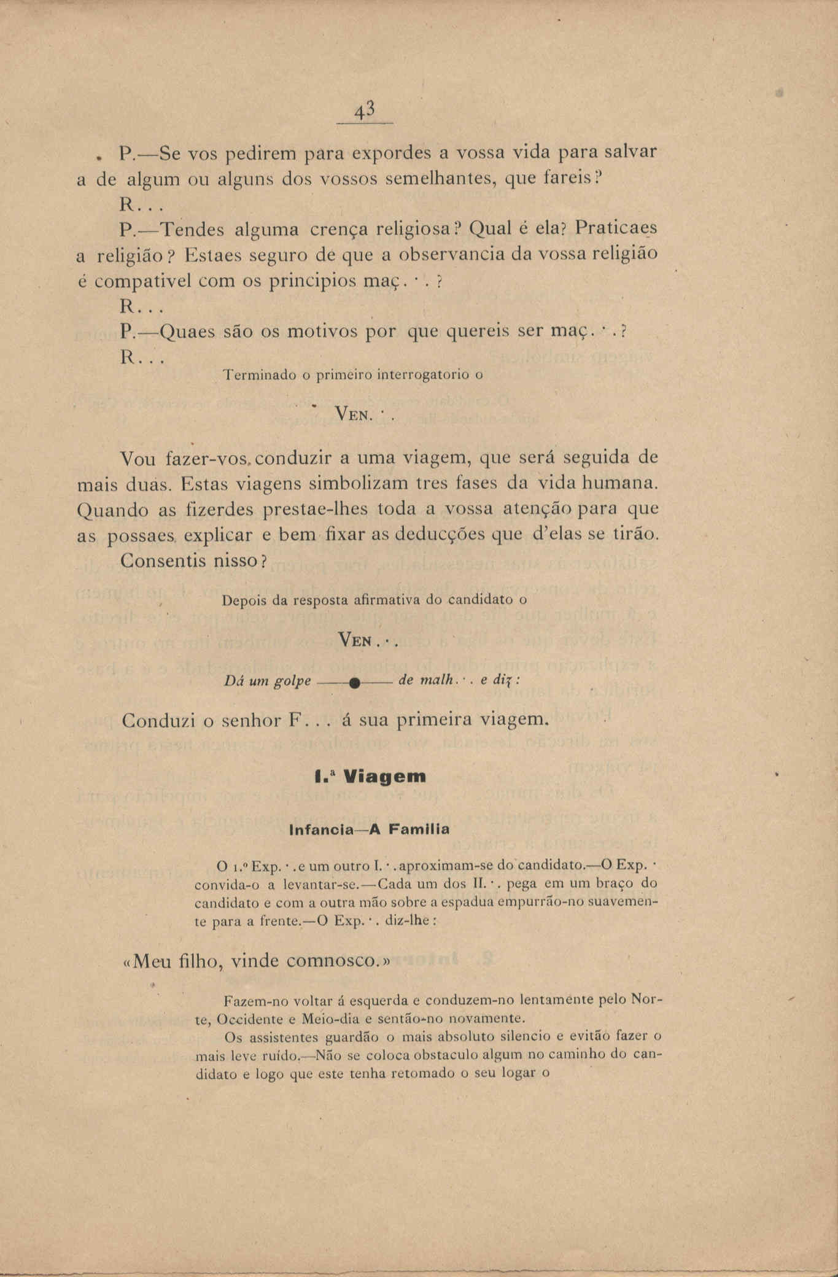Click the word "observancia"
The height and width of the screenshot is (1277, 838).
click(x=454, y=254)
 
